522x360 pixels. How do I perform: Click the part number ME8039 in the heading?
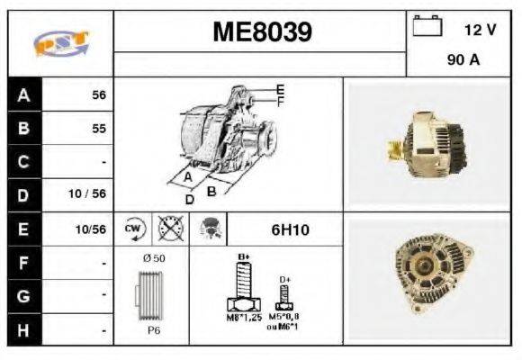coord(262,33)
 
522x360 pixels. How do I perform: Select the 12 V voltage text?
coord(480,30)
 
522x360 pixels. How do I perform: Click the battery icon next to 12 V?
coord(425,28)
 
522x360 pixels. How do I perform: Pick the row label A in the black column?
coord(24,94)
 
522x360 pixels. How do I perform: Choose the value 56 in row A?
coord(98,94)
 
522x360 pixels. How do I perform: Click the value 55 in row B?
coord(98,128)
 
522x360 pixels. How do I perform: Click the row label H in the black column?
coord(24,330)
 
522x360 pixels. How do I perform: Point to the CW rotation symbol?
coord(131,229)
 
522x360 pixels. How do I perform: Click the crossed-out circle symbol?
coord(166,229)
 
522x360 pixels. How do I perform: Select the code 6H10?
coord(290,230)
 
